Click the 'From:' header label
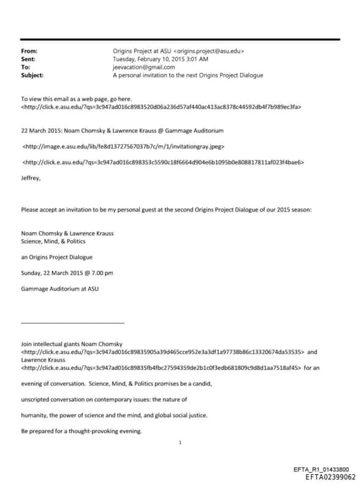tap(30, 51)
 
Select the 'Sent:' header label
tap(29, 59)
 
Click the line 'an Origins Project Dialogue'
tap(57, 257)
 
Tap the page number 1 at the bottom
tap(181, 443)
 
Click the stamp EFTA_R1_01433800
tap(319, 469)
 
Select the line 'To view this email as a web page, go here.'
tap(77, 100)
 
